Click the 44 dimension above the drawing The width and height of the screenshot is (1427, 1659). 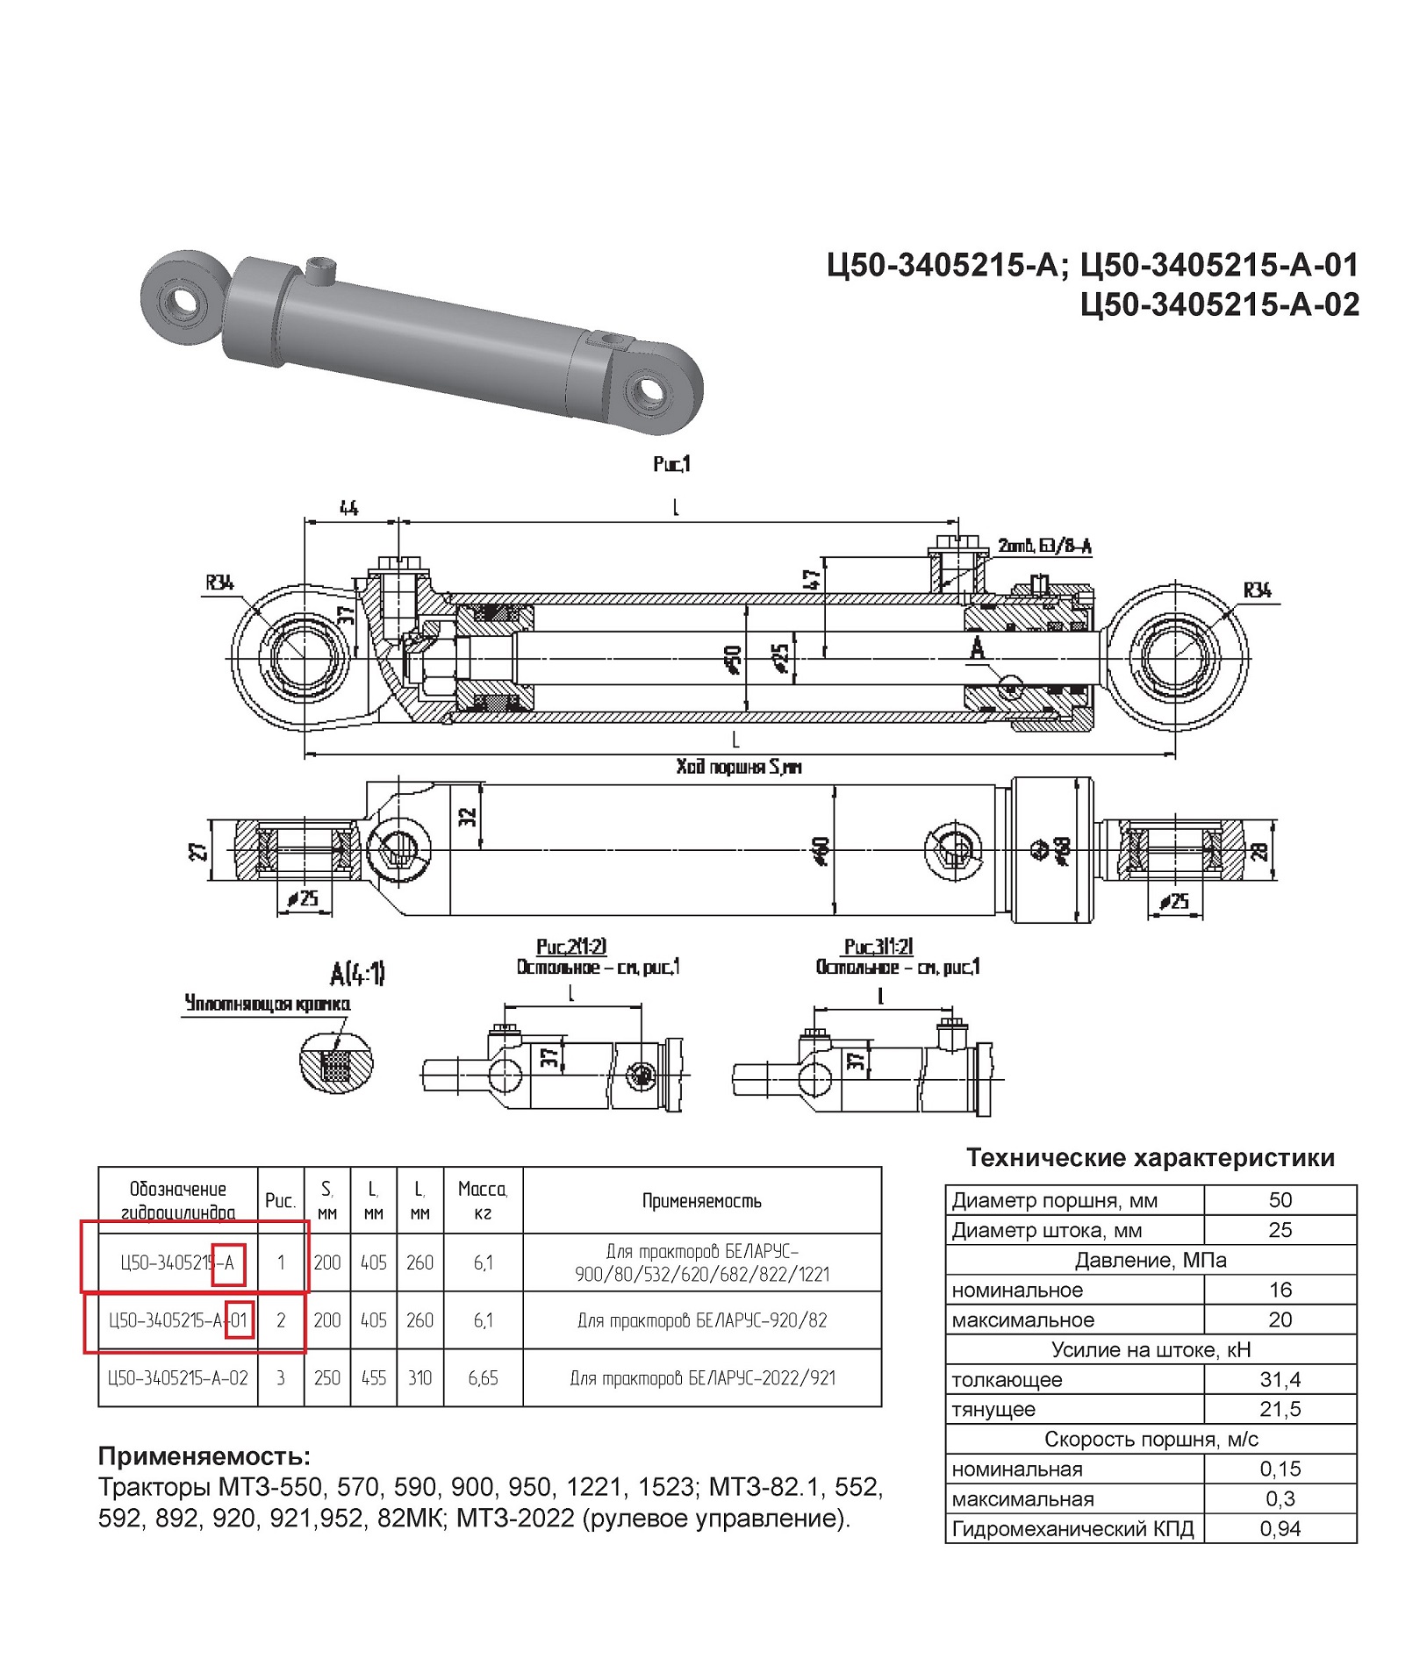click(x=349, y=508)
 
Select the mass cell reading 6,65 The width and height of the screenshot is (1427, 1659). click(x=483, y=1377)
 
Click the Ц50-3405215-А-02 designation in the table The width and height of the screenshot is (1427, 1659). click(x=177, y=1377)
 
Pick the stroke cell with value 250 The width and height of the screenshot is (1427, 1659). click(x=326, y=1377)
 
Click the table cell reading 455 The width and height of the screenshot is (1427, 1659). click(x=374, y=1377)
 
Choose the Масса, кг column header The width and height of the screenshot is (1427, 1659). click(x=483, y=1200)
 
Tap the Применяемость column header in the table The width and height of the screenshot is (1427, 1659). click(x=701, y=1200)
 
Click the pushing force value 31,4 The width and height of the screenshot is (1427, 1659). click(x=1280, y=1379)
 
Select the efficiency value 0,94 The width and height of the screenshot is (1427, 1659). click(x=1280, y=1528)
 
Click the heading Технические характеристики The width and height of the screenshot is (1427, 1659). click(x=1150, y=1157)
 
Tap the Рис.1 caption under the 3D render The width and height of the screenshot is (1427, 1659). click(x=671, y=463)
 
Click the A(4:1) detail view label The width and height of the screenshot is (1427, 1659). click(x=357, y=973)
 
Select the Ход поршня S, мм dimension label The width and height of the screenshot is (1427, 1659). click(x=739, y=767)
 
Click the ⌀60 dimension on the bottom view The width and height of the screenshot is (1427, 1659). click(x=822, y=850)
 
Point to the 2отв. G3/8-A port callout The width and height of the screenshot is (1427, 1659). click(x=1044, y=547)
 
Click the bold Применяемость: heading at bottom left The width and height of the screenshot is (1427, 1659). click(x=204, y=1456)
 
